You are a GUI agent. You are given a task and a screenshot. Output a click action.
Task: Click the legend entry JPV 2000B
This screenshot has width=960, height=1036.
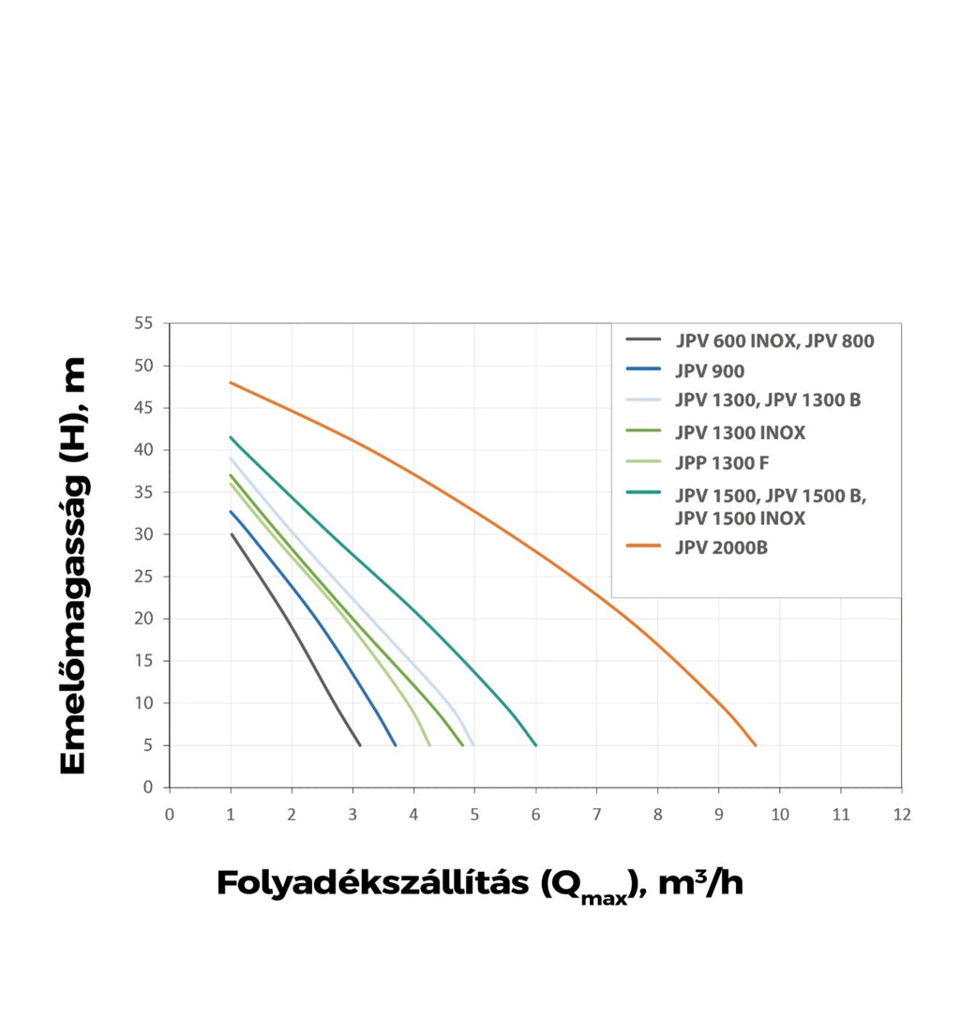722,548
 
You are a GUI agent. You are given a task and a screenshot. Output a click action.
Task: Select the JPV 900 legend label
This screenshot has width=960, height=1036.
710,371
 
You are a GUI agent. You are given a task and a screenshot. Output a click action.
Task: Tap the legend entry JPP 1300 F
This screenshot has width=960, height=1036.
722,463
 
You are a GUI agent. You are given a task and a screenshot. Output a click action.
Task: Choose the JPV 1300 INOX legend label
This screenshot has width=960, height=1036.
740,433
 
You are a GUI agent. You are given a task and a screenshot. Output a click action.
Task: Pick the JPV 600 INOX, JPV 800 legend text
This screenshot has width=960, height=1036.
774,341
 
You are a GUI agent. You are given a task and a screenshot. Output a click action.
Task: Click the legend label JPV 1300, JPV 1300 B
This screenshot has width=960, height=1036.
768,400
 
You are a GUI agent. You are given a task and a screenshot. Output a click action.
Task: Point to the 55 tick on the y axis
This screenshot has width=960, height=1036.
143,323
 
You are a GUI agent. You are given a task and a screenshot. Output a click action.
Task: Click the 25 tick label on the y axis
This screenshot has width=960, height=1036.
143,577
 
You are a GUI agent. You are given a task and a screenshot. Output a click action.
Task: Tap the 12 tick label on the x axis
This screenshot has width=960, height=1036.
902,815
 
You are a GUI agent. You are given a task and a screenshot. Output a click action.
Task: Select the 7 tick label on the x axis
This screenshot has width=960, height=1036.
596,815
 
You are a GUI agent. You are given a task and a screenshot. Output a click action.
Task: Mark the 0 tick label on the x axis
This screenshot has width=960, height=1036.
170,815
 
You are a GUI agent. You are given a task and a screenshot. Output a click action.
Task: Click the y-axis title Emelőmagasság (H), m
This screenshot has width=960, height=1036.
73,565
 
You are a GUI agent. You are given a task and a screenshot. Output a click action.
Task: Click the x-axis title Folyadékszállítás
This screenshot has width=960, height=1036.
372,883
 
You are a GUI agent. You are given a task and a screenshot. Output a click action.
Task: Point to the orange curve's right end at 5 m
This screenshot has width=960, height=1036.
756,745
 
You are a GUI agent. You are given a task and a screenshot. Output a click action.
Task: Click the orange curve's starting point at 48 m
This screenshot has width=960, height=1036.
231,383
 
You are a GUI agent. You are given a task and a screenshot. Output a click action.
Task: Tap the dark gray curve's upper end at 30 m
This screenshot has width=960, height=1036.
232,533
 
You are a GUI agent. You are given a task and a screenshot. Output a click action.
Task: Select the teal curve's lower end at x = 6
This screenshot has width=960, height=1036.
536,745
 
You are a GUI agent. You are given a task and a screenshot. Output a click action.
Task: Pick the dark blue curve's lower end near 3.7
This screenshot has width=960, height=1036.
396,745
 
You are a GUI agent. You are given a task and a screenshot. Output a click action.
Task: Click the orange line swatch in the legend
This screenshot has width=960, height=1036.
643,546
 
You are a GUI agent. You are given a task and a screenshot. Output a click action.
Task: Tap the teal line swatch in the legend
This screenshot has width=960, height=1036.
643,492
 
